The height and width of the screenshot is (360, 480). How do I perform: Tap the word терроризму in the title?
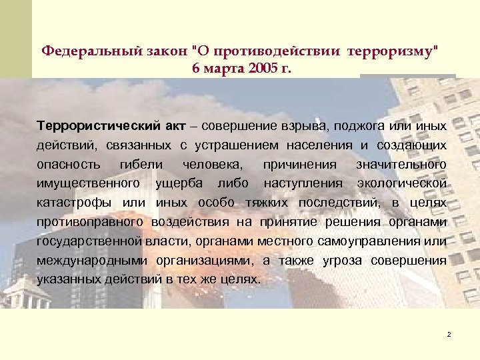coord(389,51)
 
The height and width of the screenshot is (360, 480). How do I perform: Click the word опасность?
coord(69,164)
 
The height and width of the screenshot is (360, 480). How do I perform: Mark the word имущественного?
coord(89,183)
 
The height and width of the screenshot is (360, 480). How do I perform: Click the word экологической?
coord(402,183)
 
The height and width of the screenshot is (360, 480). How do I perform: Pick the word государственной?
coord(91,241)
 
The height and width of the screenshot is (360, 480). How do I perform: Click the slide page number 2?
coord(449,333)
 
